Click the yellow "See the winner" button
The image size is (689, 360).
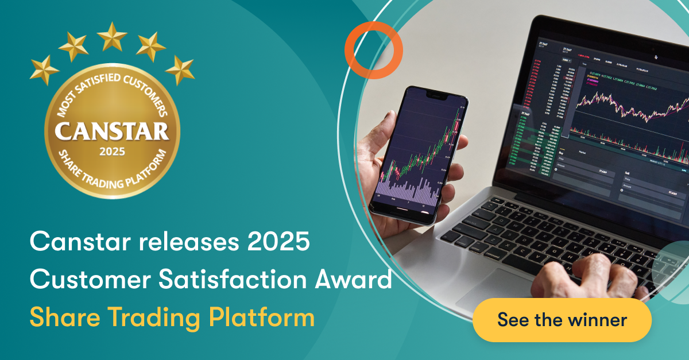562,320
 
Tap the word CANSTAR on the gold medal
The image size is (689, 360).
112,131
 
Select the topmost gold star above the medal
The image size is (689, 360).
112,36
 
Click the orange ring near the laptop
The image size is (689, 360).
373,51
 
